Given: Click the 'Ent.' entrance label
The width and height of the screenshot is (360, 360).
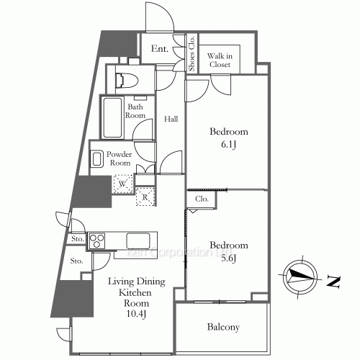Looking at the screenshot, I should coord(160,50).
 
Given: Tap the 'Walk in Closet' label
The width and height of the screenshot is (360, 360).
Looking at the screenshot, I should coord(220,59).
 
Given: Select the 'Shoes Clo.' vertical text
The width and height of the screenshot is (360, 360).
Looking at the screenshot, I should coord(192,54).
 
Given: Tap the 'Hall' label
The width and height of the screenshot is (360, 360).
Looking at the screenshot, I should coord(170,119).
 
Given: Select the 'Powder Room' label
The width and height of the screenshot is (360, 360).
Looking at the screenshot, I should coord(120,158).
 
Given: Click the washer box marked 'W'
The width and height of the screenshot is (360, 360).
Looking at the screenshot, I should coord(122,184).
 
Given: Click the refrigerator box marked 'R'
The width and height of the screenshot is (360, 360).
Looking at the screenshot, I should coord(145,195).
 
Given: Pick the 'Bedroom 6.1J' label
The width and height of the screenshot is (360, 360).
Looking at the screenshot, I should coord(228,138).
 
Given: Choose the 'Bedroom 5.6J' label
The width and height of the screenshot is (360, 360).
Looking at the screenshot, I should coord(228,251).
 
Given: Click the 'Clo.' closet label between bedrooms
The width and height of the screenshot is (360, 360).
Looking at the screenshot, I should coord(201,199).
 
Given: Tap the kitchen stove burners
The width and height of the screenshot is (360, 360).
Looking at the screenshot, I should coord(97,239).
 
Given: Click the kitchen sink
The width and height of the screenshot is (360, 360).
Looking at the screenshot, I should coord(138,239).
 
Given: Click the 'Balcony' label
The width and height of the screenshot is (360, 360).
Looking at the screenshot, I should coord(223,327).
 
